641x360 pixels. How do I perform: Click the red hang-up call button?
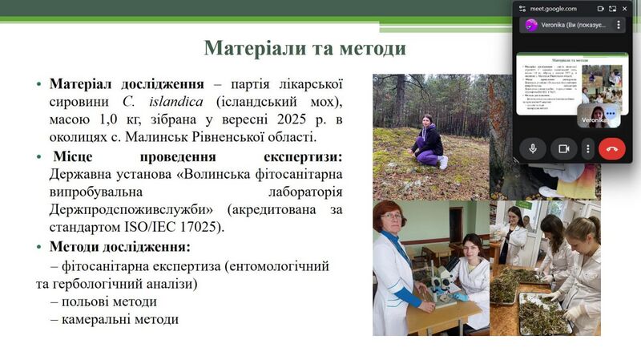[x=612, y=148]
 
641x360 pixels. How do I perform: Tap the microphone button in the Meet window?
[x=532, y=148]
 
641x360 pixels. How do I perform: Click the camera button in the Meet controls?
[x=563, y=148]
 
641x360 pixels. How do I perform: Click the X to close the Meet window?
[x=625, y=8]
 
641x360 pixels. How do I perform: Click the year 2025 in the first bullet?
[x=265, y=119]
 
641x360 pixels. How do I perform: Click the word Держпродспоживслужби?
[x=126, y=209]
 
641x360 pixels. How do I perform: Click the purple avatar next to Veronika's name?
[x=530, y=25]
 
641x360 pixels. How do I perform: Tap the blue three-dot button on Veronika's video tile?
[x=611, y=115]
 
